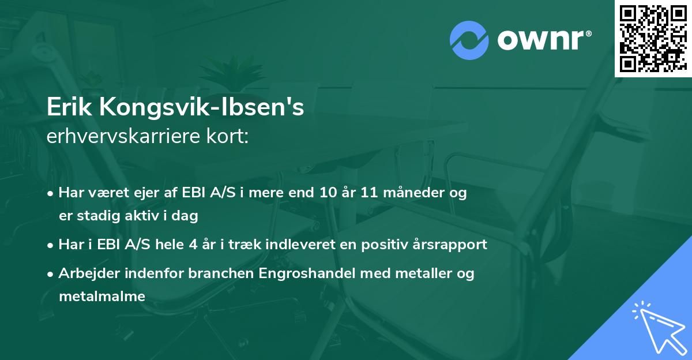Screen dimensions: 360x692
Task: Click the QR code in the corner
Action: pos(653,38)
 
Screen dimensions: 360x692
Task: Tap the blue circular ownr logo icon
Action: pos(469,40)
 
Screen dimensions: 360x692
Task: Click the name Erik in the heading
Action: pos(70,108)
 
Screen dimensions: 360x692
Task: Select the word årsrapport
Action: pos(450,245)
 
